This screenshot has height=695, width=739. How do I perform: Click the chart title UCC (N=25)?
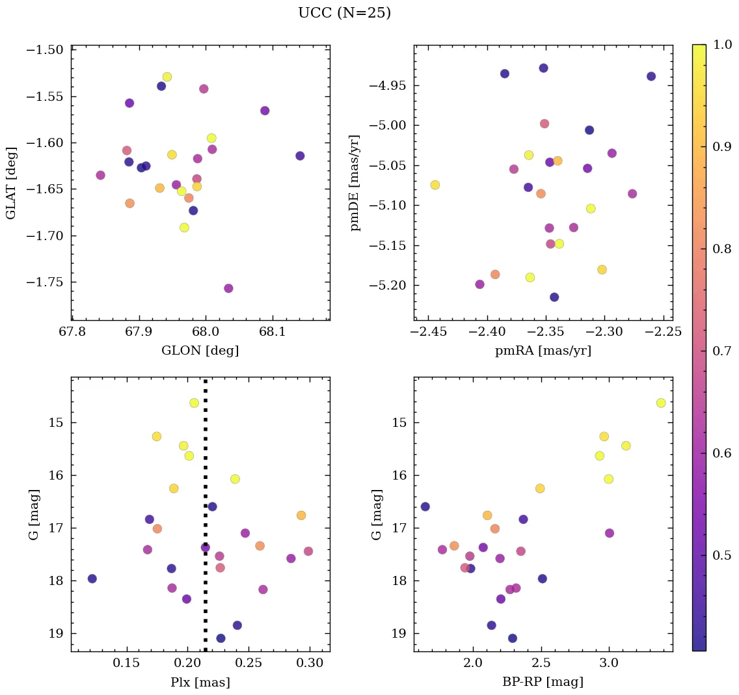click(344, 13)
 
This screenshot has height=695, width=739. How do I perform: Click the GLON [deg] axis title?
click(200, 351)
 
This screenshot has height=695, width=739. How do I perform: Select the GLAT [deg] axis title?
click(11, 183)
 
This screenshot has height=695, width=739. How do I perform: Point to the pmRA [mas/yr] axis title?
click(543, 351)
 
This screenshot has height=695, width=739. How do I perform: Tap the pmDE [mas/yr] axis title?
click(355, 183)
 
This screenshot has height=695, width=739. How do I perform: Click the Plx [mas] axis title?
click(200, 682)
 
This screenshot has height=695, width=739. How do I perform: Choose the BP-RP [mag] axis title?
click(543, 682)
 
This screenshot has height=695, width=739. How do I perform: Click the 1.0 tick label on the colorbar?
click(722, 44)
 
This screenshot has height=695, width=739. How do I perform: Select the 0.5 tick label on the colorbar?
click(722, 555)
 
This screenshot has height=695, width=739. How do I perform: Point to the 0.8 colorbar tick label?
click(722, 249)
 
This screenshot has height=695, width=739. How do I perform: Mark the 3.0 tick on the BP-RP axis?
click(609, 663)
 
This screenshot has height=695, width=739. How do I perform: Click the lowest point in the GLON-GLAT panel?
click(228, 288)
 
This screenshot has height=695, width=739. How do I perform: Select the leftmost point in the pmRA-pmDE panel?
click(435, 185)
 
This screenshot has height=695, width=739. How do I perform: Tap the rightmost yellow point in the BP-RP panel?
click(661, 403)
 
